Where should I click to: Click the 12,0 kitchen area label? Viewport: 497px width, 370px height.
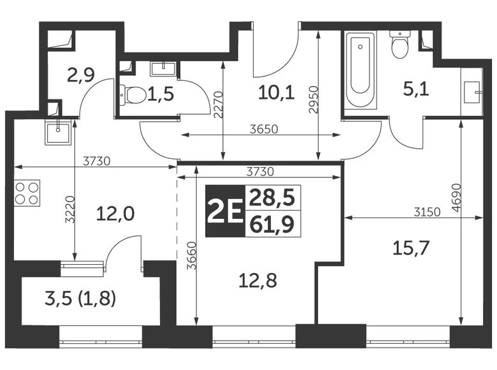click(115, 213)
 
